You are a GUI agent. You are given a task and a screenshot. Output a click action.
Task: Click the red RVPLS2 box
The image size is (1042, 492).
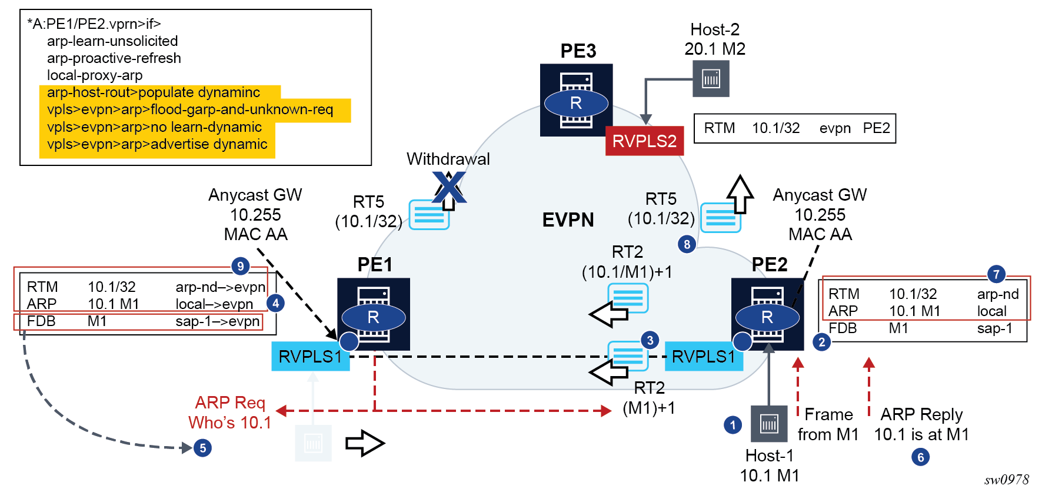coord(644,141)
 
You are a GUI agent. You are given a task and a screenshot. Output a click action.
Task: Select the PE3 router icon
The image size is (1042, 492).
coord(576,100)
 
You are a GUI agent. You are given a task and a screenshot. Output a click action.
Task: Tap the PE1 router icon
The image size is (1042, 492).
coord(373,314)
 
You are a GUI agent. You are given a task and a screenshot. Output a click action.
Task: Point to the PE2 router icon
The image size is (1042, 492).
coord(767,314)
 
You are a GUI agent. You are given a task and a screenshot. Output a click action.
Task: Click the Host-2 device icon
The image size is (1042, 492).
coord(711,79)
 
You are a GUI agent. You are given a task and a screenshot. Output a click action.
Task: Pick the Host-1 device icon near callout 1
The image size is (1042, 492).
coord(769,424)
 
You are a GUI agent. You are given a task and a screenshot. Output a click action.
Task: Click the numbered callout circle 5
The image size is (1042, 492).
coord(202,448)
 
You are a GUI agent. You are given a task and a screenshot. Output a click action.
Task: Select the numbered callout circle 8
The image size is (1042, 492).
coord(687,244)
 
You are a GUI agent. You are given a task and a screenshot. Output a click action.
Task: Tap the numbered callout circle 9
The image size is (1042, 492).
coord(240,266)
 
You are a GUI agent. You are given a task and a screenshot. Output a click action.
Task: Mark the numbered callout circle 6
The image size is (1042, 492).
coord(920,457)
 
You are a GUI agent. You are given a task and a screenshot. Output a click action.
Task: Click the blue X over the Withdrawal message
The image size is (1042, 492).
coord(449,188)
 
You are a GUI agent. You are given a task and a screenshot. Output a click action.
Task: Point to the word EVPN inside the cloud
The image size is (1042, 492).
coord(568,220)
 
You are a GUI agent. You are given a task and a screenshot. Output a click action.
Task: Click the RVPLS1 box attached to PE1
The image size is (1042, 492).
coord(310,357)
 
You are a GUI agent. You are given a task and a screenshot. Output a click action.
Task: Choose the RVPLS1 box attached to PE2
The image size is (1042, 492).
coord(703,357)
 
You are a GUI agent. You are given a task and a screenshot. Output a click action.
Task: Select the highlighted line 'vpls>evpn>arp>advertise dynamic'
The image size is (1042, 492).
coord(157,144)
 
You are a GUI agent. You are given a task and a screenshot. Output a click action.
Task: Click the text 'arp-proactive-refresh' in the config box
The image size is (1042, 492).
coord(114,58)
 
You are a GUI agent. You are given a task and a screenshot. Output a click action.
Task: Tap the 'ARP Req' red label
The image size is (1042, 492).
coord(230,403)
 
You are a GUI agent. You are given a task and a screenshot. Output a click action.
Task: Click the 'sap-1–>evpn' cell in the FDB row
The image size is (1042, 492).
coord(217,321)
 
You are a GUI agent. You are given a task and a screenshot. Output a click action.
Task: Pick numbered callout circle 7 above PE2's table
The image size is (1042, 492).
coord(996,274)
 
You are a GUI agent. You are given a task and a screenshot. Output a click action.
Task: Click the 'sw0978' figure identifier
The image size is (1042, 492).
coord(1007,480)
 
